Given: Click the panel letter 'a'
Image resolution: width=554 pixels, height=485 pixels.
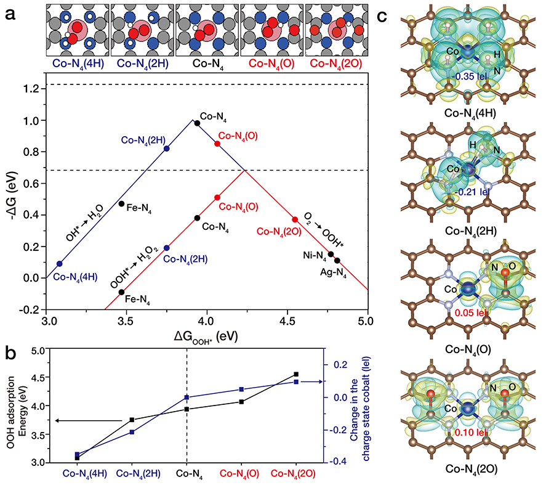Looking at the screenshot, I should click(x=10, y=15).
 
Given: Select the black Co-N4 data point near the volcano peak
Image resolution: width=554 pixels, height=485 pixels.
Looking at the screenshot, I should click(x=197, y=123).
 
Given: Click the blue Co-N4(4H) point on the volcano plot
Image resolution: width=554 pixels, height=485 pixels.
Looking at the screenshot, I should click(x=59, y=264).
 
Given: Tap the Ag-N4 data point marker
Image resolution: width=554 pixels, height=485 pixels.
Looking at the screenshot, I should click(x=337, y=261).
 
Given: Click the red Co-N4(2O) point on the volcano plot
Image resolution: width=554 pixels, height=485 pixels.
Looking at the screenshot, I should click(x=295, y=219).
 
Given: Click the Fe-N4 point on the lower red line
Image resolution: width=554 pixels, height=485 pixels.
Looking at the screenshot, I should click(x=121, y=291).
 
